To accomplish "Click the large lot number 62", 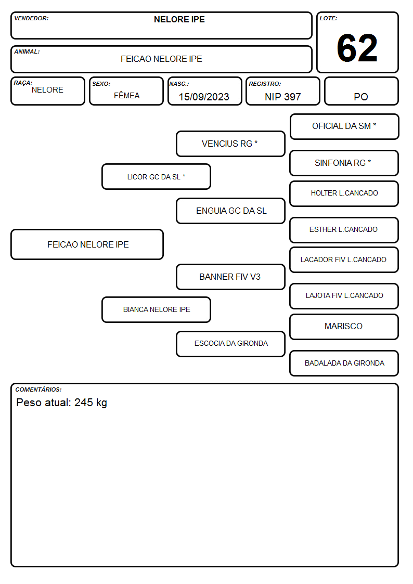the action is point(357,48).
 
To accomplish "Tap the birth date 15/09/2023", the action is point(204,97).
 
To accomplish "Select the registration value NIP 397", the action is point(282,97).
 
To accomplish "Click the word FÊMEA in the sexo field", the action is point(126,95).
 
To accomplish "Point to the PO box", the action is point(361,91).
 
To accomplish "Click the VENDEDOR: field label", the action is point(31,18).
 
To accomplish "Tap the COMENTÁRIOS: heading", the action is point(38,390).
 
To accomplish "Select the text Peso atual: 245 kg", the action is point(62,403).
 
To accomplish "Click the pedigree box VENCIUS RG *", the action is point(230,144).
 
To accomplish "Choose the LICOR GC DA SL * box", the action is point(156,176).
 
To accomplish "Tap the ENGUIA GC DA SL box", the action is point(230,211).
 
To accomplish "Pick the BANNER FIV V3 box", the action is point(230,277).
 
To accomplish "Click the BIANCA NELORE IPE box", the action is point(156,309).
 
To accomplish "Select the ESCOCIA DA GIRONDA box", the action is point(230,344).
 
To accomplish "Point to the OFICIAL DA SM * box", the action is point(344,127).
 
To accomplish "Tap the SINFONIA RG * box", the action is point(344,163).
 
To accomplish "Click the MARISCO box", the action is point(344,327).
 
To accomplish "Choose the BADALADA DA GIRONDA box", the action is point(344,363).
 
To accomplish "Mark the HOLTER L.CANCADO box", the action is point(344,193).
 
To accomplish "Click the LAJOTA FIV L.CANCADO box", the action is point(344,296).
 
